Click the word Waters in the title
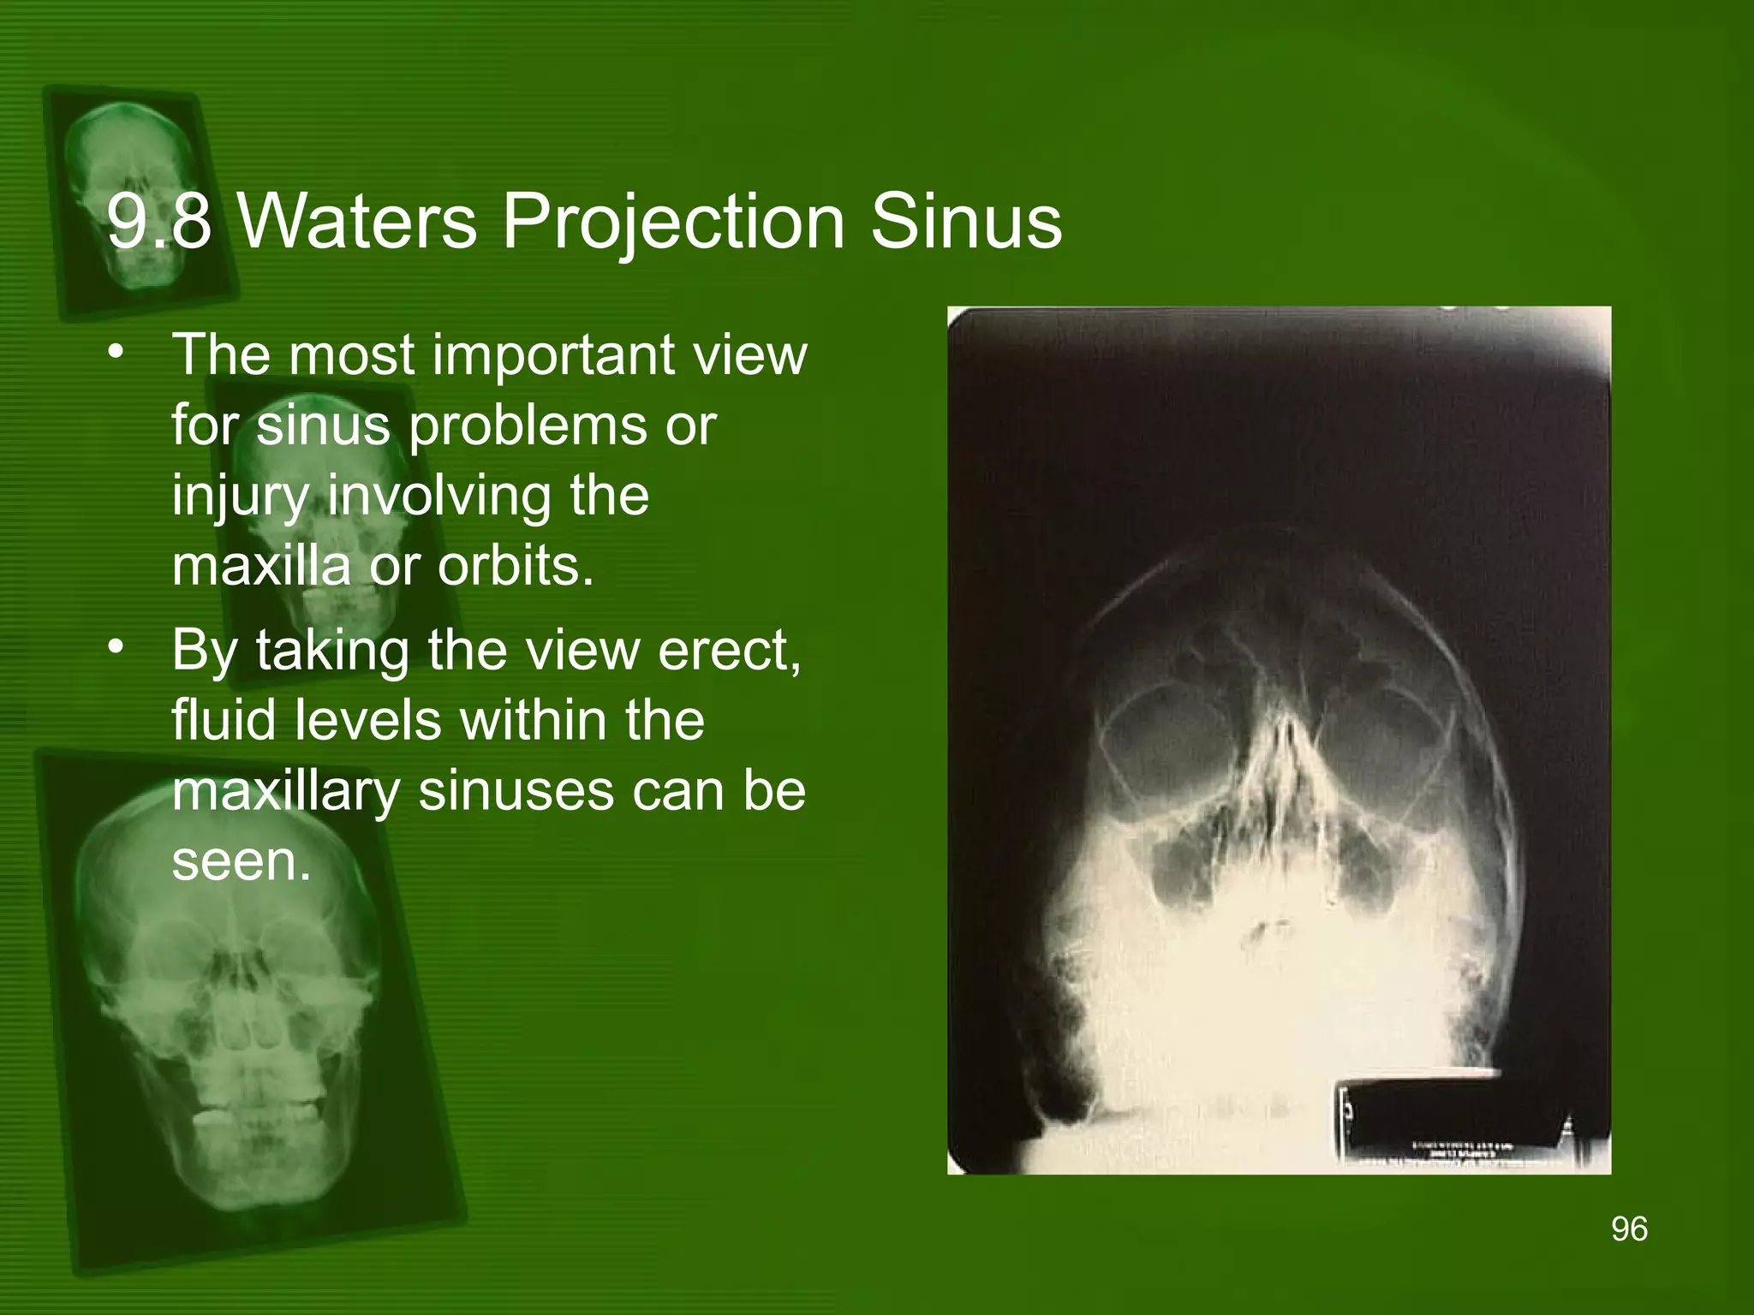point(356,222)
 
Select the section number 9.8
point(158,222)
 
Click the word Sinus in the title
point(966,222)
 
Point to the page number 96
point(1629,1229)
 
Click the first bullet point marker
point(116,353)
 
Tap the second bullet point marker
point(116,648)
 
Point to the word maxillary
point(286,792)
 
